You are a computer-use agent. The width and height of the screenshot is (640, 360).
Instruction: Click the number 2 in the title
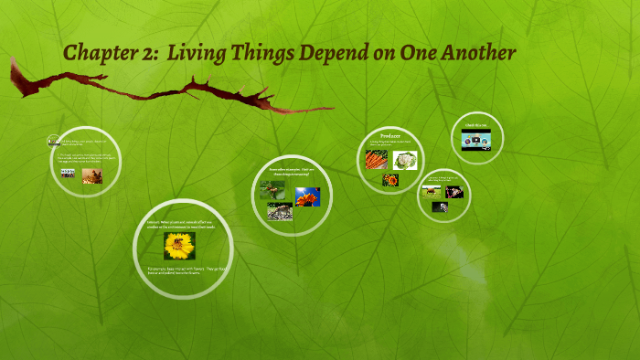click(144, 54)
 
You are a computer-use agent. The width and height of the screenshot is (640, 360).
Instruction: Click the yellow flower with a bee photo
click(179, 246)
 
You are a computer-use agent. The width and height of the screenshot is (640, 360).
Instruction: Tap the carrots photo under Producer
click(376, 159)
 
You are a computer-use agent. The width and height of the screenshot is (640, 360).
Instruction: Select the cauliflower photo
click(405, 160)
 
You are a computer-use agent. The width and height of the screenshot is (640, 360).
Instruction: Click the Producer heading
click(391, 135)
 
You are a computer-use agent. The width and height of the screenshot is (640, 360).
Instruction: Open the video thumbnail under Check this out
click(476, 141)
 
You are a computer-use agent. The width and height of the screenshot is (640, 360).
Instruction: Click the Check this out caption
click(476, 125)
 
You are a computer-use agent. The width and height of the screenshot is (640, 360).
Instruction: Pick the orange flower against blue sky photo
click(307, 196)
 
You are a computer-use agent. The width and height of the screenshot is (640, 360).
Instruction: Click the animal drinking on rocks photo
click(279, 212)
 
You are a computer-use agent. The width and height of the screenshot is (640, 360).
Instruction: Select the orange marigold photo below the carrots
click(390, 179)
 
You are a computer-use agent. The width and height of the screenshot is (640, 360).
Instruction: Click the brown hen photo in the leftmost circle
click(91, 176)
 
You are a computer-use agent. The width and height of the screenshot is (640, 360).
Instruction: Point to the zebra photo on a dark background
click(440, 207)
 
